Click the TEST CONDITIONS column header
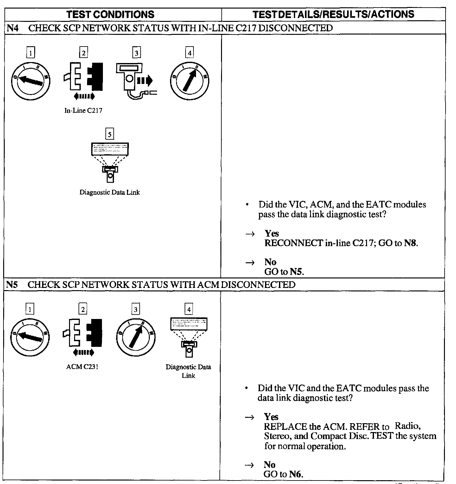(x=111, y=14)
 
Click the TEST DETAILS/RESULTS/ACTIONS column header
(x=333, y=14)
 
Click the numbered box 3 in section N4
(x=136, y=53)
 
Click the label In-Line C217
(x=83, y=111)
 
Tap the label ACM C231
(x=82, y=367)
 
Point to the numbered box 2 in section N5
(x=83, y=309)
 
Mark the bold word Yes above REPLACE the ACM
(x=271, y=417)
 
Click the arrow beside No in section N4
(x=250, y=262)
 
